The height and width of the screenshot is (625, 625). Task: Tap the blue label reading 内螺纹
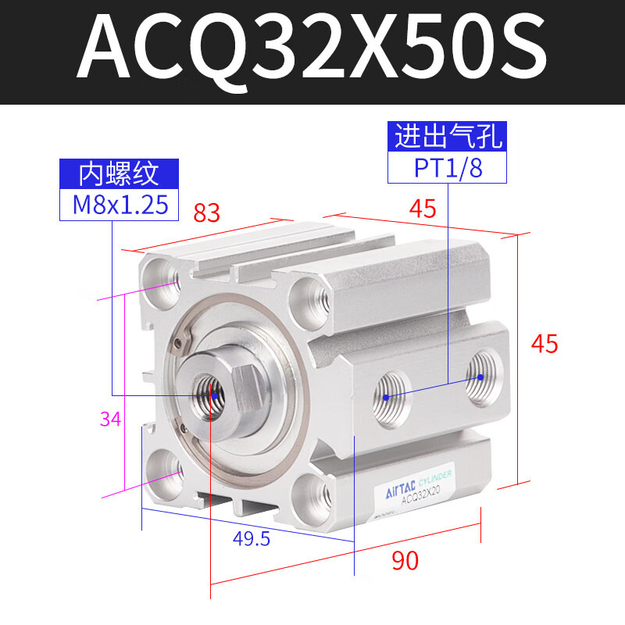120,173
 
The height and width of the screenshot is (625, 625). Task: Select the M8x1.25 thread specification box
120,205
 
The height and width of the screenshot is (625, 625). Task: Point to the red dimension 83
207,212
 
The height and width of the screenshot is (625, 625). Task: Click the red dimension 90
405,560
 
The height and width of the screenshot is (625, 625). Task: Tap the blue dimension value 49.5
252,537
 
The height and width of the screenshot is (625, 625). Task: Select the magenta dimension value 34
110,420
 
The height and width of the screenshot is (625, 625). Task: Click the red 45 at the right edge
545,343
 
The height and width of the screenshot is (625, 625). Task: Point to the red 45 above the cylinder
422,208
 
